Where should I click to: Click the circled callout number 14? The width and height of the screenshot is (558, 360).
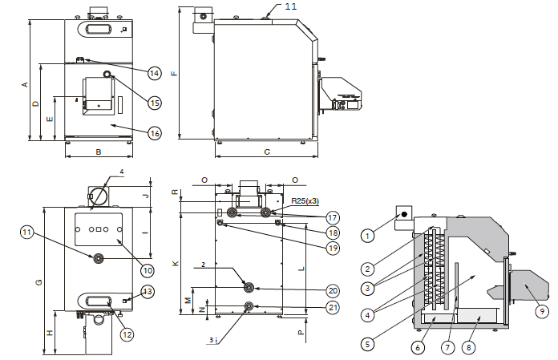pyautogui.click(x=155, y=73)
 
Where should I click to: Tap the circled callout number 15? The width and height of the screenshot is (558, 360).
pyautogui.click(x=155, y=102)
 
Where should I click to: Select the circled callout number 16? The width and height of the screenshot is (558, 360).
pyautogui.click(x=155, y=133)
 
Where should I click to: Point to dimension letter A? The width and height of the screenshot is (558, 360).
pyautogui.click(x=25, y=84)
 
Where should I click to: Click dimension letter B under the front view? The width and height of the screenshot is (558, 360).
pyautogui.click(x=98, y=151)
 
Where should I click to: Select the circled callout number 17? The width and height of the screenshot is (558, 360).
pyautogui.click(x=333, y=217)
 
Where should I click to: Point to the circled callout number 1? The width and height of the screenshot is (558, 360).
pyautogui.click(x=367, y=236)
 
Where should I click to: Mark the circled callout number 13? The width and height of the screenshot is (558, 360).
pyautogui.click(x=148, y=291)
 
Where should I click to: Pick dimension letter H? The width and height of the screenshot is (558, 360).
pyautogui.click(x=50, y=333)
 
